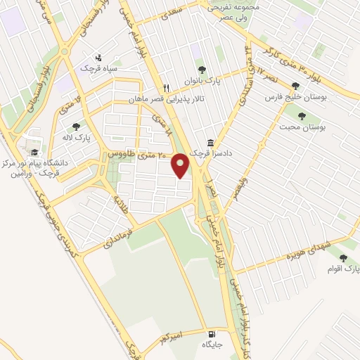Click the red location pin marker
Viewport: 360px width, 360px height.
click(x=182, y=167)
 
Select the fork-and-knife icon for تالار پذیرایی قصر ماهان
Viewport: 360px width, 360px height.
click(x=166, y=89)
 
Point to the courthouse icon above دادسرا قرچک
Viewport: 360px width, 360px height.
click(x=211, y=142)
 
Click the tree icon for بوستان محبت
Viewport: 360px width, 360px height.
click(x=302, y=116)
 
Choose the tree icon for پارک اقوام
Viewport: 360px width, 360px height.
click(x=343, y=259)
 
